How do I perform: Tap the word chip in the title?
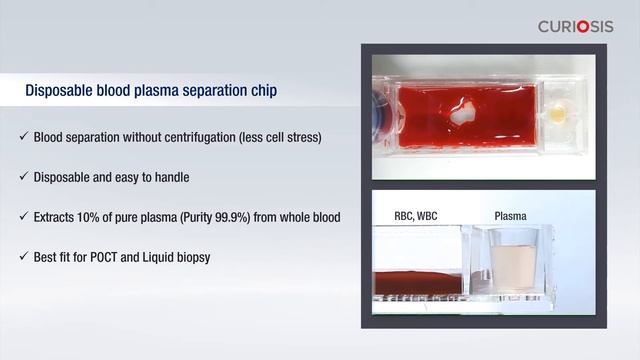pyautogui.click(x=263, y=92)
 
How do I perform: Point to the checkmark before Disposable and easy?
pyautogui.click(x=23, y=177)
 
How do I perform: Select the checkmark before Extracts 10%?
pyautogui.click(x=23, y=217)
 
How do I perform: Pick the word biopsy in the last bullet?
pyautogui.click(x=187, y=257)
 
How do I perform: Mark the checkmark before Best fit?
pyautogui.click(x=23, y=257)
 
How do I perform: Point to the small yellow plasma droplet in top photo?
pyautogui.click(x=557, y=116)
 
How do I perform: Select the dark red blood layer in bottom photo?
pyautogui.click(x=417, y=282)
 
